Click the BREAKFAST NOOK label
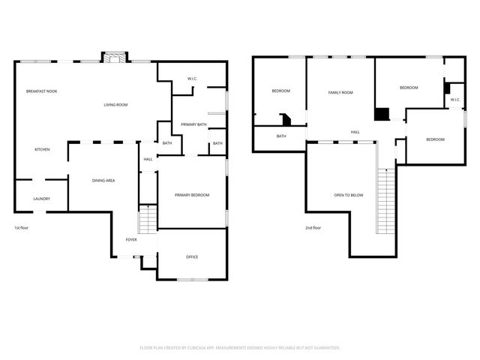click(41, 91)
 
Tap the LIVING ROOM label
click(115, 105)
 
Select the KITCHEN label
click(42, 150)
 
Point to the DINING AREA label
click(103, 180)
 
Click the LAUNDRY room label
click(41, 199)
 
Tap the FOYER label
click(130, 239)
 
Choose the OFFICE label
click(192, 257)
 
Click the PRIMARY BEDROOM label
click(192, 195)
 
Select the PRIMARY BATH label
click(193, 124)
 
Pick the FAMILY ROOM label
click(340, 92)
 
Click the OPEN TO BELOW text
click(349, 195)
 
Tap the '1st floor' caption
click(22, 227)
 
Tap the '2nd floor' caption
click(313, 227)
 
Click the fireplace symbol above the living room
click(115, 59)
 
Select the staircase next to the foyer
click(148, 220)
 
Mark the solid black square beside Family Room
click(382, 114)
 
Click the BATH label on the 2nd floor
click(281, 136)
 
